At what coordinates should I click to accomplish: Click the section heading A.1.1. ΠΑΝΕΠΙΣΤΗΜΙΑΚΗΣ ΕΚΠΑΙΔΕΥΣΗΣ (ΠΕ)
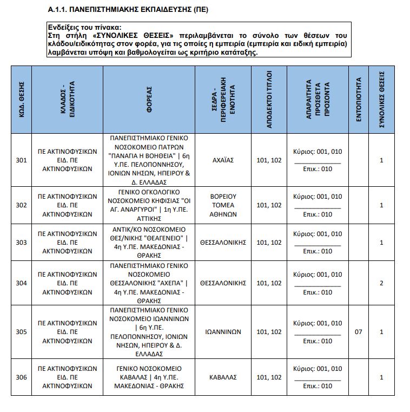coord(128,10)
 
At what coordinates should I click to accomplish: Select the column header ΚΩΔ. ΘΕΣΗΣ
coord(22,99)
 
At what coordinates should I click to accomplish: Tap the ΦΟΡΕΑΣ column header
coord(149,99)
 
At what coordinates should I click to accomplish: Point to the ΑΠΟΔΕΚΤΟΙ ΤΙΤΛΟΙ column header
coord(269,99)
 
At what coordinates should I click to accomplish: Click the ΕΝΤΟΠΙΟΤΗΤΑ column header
coord(358,99)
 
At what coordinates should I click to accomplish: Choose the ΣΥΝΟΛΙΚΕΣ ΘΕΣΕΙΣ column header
coord(381,99)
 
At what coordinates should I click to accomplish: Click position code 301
coord(22,160)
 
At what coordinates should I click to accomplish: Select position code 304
coord(22,283)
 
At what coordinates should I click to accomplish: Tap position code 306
coord(22,377)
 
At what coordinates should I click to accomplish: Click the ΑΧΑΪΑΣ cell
coord(223,160)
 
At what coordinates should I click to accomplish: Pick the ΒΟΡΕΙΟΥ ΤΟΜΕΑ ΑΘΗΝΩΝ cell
coord(223,205)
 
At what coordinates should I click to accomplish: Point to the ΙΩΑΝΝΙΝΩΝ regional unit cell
coord(223,332)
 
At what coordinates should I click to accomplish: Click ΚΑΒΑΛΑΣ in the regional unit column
coord(223,377)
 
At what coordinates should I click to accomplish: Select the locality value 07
coord(358,332)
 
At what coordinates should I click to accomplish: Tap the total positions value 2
coord(381,283)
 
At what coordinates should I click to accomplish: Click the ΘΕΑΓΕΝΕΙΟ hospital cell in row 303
coord(149,243)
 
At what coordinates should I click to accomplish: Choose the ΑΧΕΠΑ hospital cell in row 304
coord(149,283)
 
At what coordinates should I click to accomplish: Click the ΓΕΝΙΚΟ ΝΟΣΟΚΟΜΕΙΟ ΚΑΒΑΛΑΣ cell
coord(149,377)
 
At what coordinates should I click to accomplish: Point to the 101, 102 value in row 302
coord(269,205)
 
